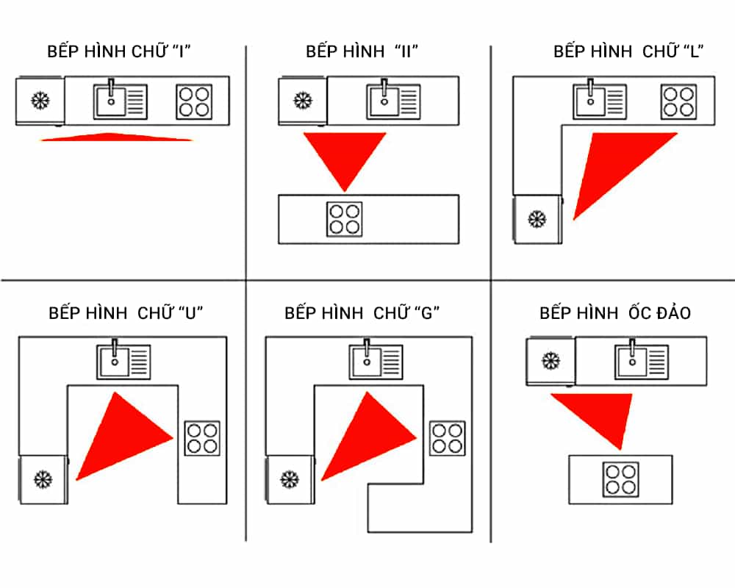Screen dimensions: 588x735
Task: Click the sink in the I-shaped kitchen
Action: tap(120, 101)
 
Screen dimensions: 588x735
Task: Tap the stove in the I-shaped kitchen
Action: tap(194, 101)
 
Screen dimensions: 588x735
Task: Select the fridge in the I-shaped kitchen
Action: tap(39, 100)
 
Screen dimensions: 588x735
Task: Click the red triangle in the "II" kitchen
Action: tap(345, 155)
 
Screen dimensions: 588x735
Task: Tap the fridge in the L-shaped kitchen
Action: tap(537, 218)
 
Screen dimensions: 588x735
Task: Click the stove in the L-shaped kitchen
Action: tap(678, 101)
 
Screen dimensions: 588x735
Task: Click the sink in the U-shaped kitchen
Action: tap(123, 362)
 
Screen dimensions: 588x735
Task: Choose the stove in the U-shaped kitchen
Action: tap(201, 437)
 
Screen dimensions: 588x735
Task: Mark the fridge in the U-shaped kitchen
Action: tap(43, 479)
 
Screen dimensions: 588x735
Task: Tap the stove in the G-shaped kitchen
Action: tap(448, 437)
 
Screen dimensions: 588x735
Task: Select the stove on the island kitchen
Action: tap(620, 478)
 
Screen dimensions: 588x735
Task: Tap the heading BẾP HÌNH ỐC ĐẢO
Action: tap(615, 312)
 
